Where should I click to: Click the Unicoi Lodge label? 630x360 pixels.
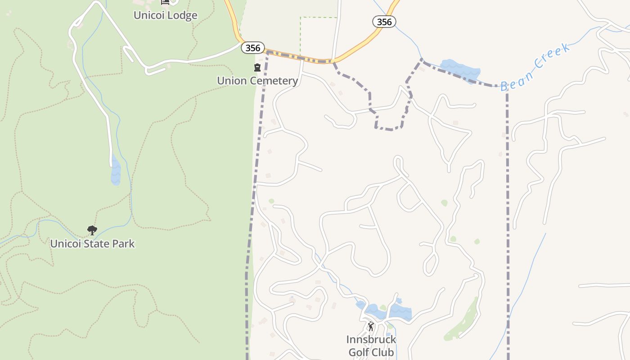165,15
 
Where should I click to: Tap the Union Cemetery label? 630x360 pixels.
257,81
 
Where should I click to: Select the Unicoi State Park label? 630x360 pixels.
92,244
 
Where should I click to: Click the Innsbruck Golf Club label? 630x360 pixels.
371,346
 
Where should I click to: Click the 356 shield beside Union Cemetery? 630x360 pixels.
252,48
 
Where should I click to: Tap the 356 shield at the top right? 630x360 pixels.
384,22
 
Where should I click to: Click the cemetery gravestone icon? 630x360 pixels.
257,68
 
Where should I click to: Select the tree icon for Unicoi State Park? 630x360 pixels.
92,230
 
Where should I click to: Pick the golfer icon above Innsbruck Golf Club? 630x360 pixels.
371,326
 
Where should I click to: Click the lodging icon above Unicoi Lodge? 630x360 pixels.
165,2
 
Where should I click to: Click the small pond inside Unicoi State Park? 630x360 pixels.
116,171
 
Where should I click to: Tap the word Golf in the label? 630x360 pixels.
359,352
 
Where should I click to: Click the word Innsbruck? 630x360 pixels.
371,339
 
